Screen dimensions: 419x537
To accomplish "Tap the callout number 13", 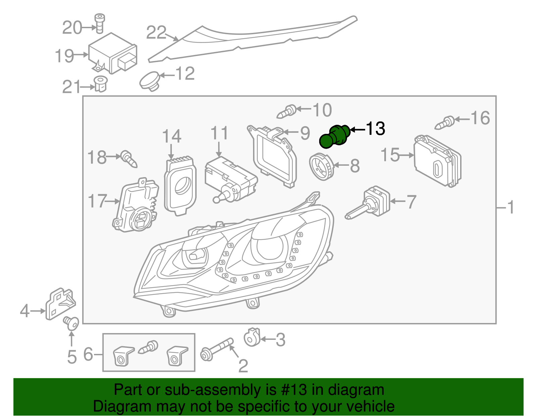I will click(x=375, y=129).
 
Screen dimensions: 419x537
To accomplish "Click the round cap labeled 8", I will click(x=322, y=166).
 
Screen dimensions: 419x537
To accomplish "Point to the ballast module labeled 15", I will click(x=437, y=161).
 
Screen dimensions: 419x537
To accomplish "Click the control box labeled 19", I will click(x=112, y=54).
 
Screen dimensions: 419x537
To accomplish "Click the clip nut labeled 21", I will click(x=100, y=84).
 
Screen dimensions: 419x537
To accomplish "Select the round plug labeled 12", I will click(x=150, y=81).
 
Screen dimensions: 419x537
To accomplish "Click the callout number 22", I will click(x=156, y=33).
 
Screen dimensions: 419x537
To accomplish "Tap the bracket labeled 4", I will click(x=60, y=304).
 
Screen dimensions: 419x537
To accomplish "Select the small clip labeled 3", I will click(x=252, y=337).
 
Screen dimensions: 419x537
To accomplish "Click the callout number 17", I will click(x=97, y=201).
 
